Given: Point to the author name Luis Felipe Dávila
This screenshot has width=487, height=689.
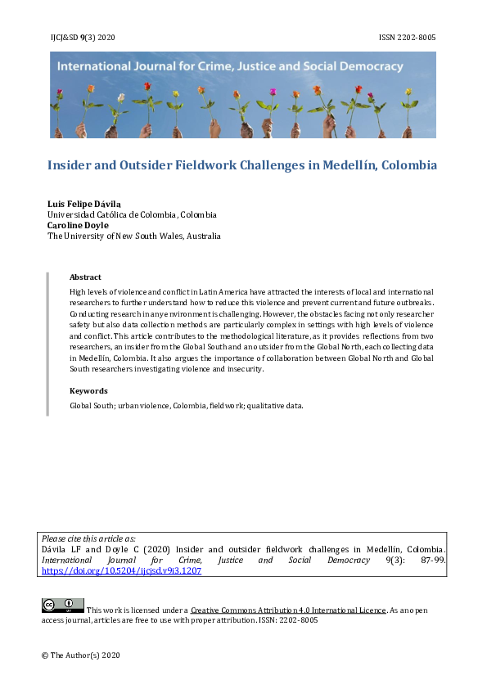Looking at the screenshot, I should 84,203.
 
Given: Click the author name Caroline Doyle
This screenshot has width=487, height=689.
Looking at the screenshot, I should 78,225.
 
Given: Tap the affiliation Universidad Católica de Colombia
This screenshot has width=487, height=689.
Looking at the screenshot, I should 132,214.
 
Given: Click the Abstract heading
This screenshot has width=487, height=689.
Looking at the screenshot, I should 85,277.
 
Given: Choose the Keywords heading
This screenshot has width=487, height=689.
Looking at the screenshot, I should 88,391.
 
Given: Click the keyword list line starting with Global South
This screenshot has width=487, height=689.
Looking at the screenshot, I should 187,405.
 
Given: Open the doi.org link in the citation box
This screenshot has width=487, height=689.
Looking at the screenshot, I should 121,571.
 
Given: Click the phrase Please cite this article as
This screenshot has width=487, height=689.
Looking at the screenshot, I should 89,538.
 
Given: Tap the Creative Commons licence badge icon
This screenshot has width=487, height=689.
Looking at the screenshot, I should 62,606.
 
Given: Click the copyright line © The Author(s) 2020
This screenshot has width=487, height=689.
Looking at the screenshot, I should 81,655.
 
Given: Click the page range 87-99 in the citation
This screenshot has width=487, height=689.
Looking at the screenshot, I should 428,561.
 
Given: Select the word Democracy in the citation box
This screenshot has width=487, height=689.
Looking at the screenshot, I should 346,561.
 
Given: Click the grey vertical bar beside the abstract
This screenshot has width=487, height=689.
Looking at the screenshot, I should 47,344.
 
